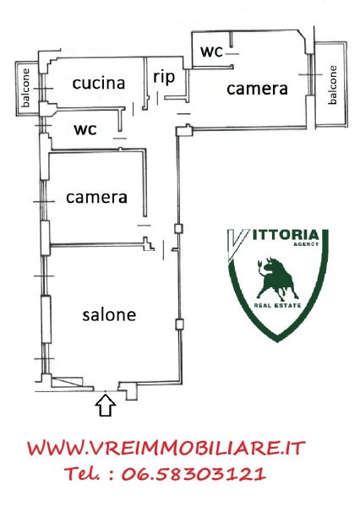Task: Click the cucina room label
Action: pyautogui.click(x=99, y=84)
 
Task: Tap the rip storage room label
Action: pyautogui.click(x=164, y=78)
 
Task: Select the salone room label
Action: pyautogui.click(x=109, y=314)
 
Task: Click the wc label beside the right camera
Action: pyautogui.click(x=212, y=52)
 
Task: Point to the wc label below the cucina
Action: pyautogui.click(x=85, y=129)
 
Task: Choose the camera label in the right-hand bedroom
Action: pyautogui.click(x=257, y=89)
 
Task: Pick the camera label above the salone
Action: pyautogui.click(x=96, y=198)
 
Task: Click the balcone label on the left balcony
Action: pyautogui.click(x=25, y=87)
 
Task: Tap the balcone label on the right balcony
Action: pyautogui.click(x=332, y=84)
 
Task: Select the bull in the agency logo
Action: pyautogui.click(x=277, y=278)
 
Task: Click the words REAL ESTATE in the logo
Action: pyautogui.click(x=277, y=305)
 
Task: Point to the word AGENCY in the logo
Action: pyautogui.click(x=306, y=244)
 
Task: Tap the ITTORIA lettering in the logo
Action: pyautogui.click(x=284, y=235)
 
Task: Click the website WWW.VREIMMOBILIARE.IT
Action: pyautogui.click(x=166, y=449)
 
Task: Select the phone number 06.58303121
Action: pyautogui.click(x=194, y=474)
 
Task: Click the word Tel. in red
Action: pyautogui.click(x=83, y=474)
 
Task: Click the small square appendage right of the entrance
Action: pyautogui.click(x=131, y=394)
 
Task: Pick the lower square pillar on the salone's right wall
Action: pyautogui.click(x=179, y=324)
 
